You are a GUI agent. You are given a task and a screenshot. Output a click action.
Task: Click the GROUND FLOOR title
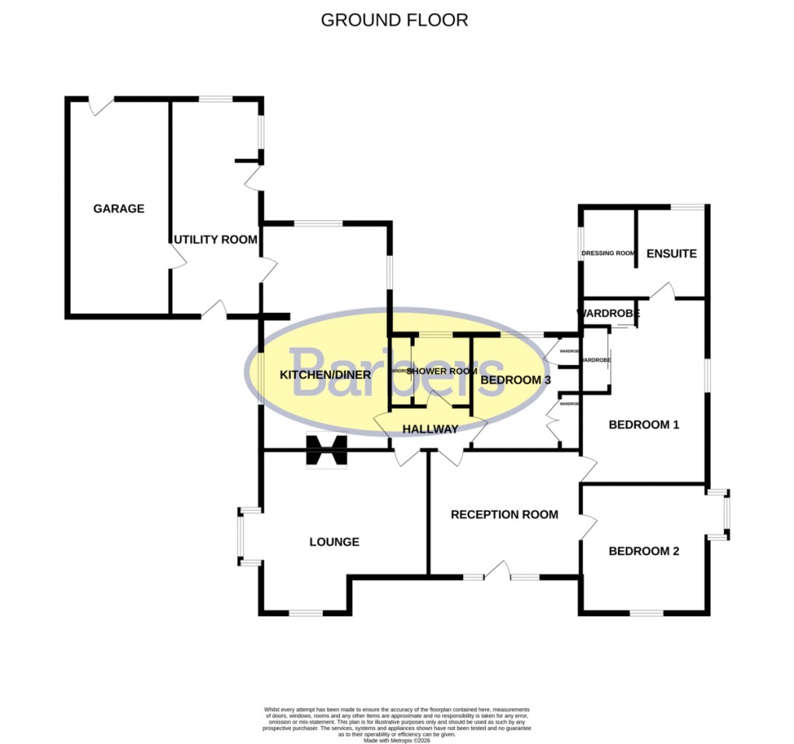(x=395, y=20)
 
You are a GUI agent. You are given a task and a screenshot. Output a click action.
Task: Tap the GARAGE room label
(x=119, y=209)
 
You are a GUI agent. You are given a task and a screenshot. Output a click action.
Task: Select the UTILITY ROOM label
(x=215, y=240)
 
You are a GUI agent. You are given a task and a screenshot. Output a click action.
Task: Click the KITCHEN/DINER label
(x=325, y=374)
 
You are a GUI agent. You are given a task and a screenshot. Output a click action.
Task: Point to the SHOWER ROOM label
(x=441, y=371)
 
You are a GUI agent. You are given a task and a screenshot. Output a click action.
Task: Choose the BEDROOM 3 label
(x=516, y=381)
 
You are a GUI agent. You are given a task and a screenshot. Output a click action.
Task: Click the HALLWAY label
(x=430, y=429)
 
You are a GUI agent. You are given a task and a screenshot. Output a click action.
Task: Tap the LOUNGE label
(x=334, y=542)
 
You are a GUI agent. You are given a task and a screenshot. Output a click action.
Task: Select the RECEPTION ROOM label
(x=504, y=514)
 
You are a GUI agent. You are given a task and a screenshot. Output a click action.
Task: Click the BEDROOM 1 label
(x=644, y=425)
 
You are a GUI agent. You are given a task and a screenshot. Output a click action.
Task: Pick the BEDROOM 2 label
(x=644, y=551)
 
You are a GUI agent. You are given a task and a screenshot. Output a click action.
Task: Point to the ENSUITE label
(x=671, y=254)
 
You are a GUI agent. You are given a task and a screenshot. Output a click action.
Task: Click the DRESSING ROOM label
(x=609, y=253)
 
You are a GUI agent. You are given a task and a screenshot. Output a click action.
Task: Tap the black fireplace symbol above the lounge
(x=325, y=451)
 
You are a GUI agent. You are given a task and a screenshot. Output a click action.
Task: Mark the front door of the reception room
(x=497, y=572)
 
